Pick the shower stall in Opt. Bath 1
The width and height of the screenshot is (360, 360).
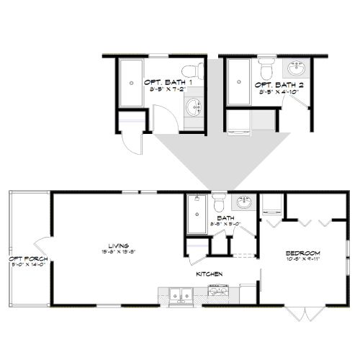[x=131, y=82]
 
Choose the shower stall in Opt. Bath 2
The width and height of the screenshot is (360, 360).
[x=239, y=82]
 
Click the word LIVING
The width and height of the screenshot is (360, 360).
[x=109, y=245]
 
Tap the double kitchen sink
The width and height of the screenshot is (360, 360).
[x=179, y=293]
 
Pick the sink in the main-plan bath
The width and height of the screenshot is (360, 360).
[x=244, y=202]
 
